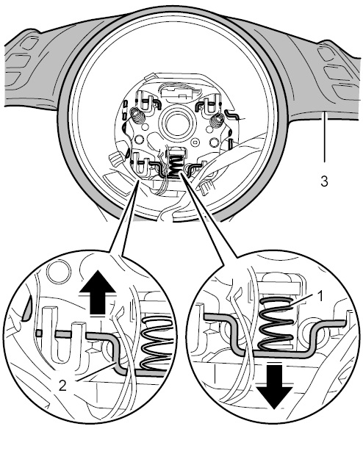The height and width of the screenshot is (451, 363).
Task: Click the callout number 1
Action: (x=320, y=296)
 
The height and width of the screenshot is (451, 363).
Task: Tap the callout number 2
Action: (x=62, y=386)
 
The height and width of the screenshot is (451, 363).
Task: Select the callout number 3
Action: (x=324, y=181)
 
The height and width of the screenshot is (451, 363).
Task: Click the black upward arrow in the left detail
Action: (x=98, y=292)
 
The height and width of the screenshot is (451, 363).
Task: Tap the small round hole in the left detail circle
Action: (x=59, y=271)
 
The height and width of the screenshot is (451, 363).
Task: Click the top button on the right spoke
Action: (x=326, y=53)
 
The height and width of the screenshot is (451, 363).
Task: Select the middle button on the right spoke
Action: (x=335, y=73)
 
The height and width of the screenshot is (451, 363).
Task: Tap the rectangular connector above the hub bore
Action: (x=173, y=93)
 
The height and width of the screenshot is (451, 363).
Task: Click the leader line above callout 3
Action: (x=325, y=137)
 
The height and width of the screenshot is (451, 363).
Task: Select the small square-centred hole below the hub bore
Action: (x=196, y=142)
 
